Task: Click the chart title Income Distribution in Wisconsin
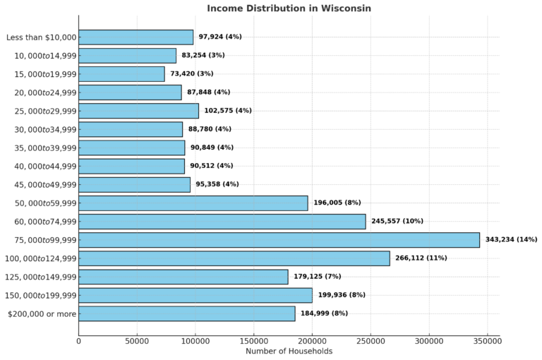pos(289,8)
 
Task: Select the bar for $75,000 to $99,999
pos(279,240)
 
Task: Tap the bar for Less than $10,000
pos(135,37)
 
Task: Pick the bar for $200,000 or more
pos(186,313)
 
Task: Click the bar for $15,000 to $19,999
pos(121,74)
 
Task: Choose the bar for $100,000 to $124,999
pos(234,258)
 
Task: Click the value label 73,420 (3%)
pos(191,74)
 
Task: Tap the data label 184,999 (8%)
pos(324,313)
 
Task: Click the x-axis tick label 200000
pos(312,341)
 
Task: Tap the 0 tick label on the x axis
pos(79,341)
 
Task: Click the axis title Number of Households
pos(289,352)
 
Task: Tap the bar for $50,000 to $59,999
pos(193,203)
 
